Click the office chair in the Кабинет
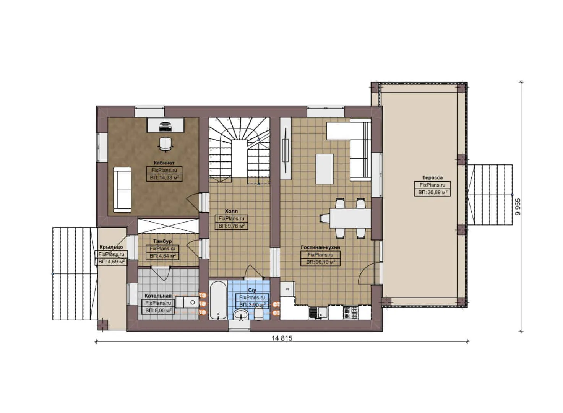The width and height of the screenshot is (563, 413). click(x=165, y=143)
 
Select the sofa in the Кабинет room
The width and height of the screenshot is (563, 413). click(x=122, y=189)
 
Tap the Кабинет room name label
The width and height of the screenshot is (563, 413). click(x=164, y=163)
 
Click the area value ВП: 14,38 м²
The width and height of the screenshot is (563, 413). click(x=164, y=178)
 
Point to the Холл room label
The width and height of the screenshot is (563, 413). click(x=231, y=211)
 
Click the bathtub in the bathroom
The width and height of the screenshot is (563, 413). click(x=218, y=300)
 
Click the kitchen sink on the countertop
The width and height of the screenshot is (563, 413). click(x=318, y=313)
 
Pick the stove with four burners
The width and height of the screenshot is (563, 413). click(x=350, y=312)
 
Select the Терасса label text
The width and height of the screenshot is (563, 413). click(x=432, y=178)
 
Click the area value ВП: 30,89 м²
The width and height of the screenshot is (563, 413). click(x=432, y=193)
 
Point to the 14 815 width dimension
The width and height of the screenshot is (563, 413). click(x=282, y=338)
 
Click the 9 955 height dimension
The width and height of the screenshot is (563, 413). click(x=518, y=207)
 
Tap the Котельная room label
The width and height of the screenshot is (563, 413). click(x=158, y=296)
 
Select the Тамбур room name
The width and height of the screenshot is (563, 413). click(x=162, y=241)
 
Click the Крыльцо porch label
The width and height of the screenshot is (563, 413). click(x=111, y=247)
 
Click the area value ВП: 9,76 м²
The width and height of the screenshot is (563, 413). click(x=231, y=226)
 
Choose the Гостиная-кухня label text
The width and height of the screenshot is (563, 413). click(x=320, y=247)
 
